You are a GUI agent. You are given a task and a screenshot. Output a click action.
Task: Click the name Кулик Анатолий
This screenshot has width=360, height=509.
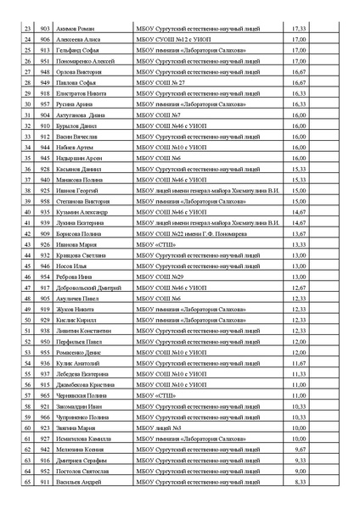pos(76,363)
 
